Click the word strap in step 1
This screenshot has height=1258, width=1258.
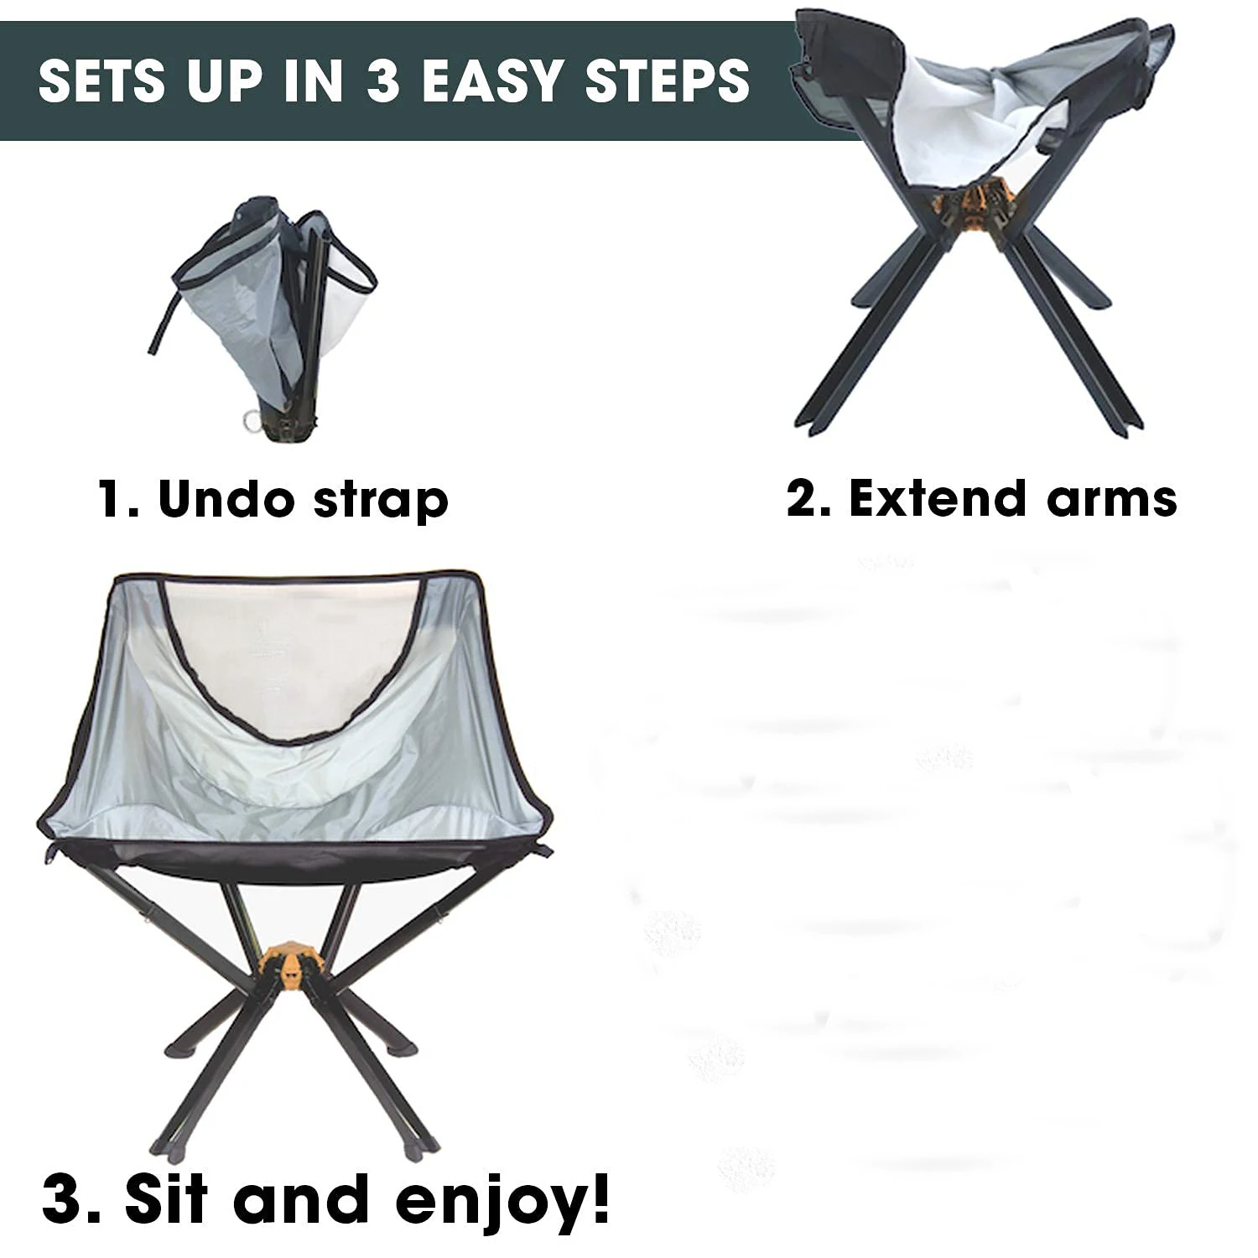[x=382, y=502]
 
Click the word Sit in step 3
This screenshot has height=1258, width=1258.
[x=166, y=1198]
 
